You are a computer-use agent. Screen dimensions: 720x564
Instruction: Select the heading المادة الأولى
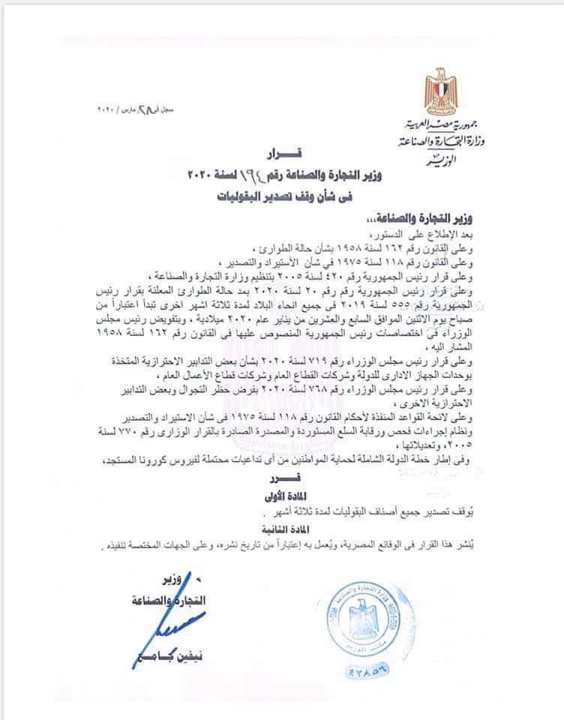(284, 495)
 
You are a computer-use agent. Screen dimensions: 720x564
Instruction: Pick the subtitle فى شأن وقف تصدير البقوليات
(283, 196)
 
